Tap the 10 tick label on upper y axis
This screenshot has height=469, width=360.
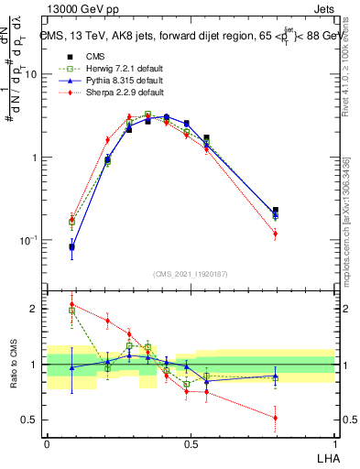click(x=31, y=74)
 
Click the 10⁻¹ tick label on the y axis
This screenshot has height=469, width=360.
click(x=29, y=240)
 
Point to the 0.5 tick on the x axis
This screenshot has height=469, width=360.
click(x=191, y=442)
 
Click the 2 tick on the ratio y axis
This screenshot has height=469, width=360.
click(x=36, y=309)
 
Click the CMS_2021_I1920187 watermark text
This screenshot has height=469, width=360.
click(x=191, y=274)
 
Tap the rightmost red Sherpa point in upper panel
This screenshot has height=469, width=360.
click(x=275, y=234)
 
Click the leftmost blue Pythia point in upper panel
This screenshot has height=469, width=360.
click(x=72, y=246)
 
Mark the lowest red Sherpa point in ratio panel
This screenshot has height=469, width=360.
click(x=275, y=418)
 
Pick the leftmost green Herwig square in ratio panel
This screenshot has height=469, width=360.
click(x=72, y=311)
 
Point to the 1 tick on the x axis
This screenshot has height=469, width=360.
click(x=334, y=442)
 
